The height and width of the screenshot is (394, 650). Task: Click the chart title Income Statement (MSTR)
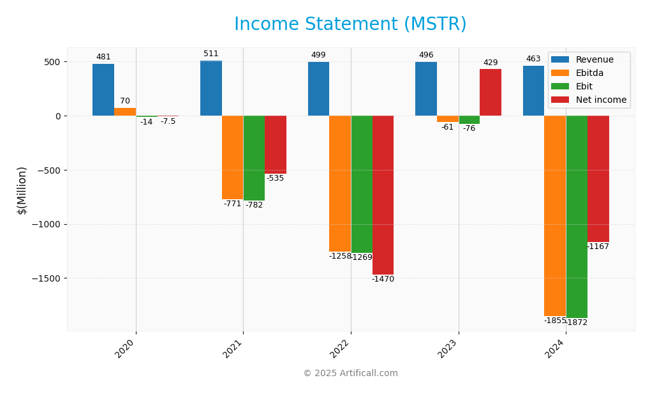350,24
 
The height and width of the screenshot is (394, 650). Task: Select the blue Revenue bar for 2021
211,88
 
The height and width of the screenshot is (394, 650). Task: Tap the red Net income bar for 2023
490,93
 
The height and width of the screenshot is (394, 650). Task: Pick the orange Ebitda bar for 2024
554,216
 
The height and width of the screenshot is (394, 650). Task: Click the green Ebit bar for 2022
361,184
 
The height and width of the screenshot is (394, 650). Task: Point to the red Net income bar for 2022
383,195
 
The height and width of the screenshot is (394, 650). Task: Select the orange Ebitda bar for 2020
125,112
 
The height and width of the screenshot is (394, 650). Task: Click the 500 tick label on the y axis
52,62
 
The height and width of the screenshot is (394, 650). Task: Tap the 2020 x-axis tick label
125,349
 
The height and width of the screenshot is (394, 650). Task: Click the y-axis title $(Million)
22,190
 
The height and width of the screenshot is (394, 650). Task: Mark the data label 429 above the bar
490,63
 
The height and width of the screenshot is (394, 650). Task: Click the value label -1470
383,280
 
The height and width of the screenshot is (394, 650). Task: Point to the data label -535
275,179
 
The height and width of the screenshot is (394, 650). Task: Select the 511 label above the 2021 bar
211,54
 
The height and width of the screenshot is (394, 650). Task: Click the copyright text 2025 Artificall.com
350,374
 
